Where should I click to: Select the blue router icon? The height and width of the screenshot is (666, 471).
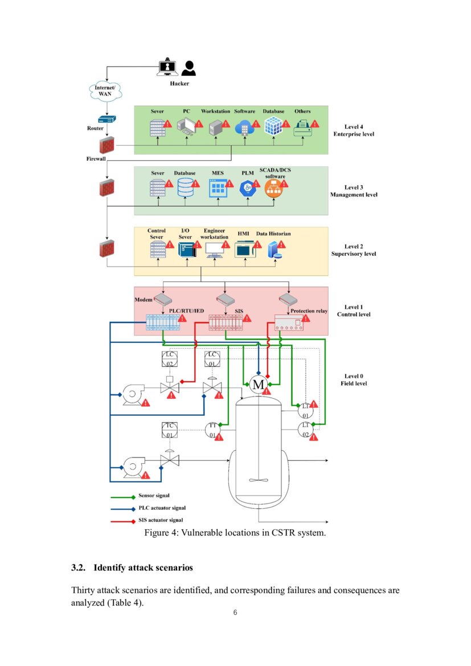pyautogui.click(x=107, y=119)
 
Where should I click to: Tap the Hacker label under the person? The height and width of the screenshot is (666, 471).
pyautogui.click(x=179, y=84)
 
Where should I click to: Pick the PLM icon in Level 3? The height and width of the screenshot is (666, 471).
pyautogui.click(x=248, y=189)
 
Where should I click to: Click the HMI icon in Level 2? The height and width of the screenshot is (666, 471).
pyautogui.click(x=245, y=249)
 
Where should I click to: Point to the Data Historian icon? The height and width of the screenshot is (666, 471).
pyautogui.click(x=275, y=250)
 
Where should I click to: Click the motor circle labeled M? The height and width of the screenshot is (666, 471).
pyautogui.click(x=258, y=385)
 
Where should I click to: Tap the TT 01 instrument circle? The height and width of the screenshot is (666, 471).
pyautogui.click(x=213, y=431)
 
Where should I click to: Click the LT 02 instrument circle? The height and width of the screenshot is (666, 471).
pyautogui.click(x=305, y=430)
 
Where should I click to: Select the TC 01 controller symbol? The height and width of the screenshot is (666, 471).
pyautogui.click(x=170, y=430)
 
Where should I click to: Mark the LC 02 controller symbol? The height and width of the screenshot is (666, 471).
pyautogui.click(x=170, y=359)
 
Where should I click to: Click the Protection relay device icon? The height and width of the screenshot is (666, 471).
pyautogui.click(x=289, y=322)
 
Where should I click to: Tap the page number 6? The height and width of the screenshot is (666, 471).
pyautogui.click(x=235, y=613)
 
